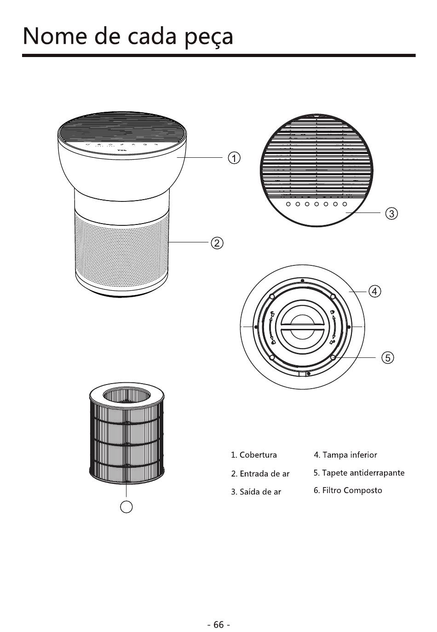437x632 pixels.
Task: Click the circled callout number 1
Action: click(x=234, y=158)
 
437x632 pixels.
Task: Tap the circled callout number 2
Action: click(x=217, y=242)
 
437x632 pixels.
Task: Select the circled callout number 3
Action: click(x=391, y=213)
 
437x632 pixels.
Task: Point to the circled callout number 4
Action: click(x=375, y=291)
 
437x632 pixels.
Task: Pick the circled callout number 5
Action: click(x=388, y=357)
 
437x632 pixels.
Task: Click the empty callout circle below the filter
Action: click(x=126, y=506)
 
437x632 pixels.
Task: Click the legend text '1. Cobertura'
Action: click(x=254, y=455)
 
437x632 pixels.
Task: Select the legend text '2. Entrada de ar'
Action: click(x=260, y=473)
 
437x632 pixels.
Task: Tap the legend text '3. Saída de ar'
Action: click(x=256, y=492)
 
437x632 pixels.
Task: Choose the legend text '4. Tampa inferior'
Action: click(x=345, y=455)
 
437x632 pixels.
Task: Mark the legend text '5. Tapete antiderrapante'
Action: click(x=359, y=473)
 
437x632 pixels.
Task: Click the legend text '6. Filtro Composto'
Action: click(x=348, y=490)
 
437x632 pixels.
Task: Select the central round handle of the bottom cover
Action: click(x=302, y=327)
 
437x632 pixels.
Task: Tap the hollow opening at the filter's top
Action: click(x=126, y=395)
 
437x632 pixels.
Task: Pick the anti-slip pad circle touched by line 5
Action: click(x=333, y=357)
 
